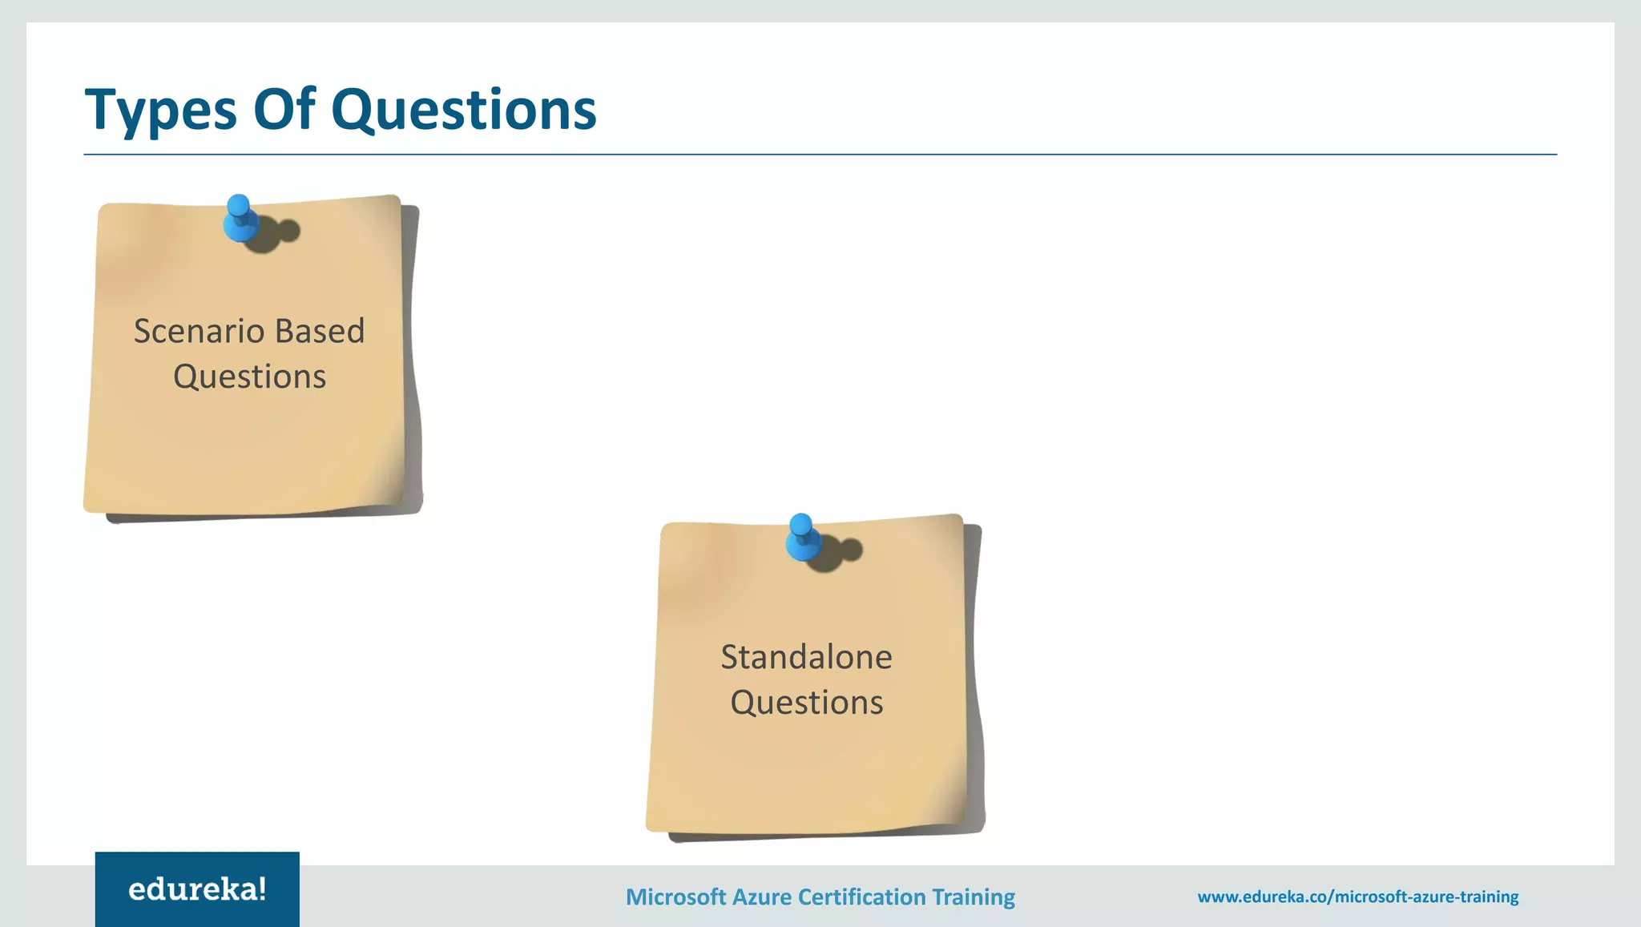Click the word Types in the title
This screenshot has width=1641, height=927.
160,110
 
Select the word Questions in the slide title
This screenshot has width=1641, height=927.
463,110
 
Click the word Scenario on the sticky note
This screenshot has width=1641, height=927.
198,331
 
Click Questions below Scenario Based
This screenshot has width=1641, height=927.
249,377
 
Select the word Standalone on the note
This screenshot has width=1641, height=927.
806,657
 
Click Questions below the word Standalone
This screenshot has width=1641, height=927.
806,703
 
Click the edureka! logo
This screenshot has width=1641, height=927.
197,889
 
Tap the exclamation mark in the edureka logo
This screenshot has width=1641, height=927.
261,889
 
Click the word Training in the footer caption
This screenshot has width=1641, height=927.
974,897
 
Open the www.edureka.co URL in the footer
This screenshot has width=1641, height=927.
1357,897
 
